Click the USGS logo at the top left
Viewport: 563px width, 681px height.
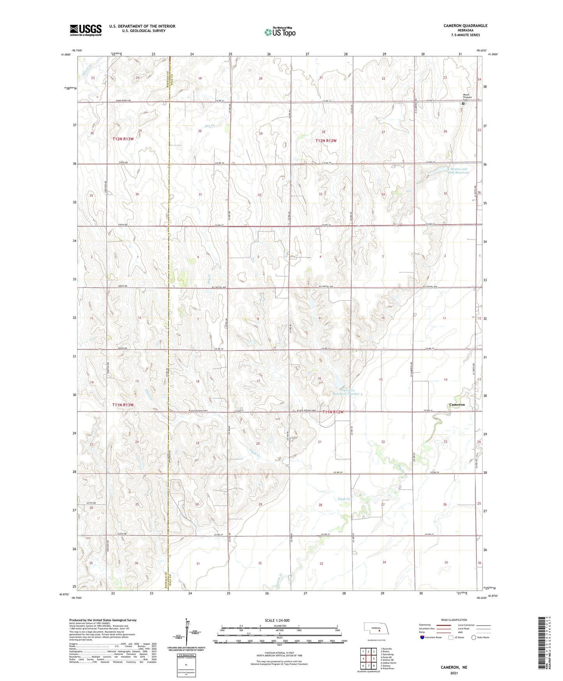(86, 30)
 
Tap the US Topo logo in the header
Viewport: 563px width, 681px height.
(280, 32)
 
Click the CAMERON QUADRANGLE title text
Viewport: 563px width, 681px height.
(465, 26)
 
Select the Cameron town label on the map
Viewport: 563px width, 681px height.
(457, 404)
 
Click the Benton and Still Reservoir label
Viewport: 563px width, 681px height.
(459, 170)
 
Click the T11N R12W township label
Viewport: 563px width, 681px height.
(333, 412)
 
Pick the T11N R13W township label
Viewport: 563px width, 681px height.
(123, 405)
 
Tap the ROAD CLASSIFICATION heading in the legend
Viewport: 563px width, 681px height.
(454, 620)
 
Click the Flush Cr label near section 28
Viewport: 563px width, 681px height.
(344, 499)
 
